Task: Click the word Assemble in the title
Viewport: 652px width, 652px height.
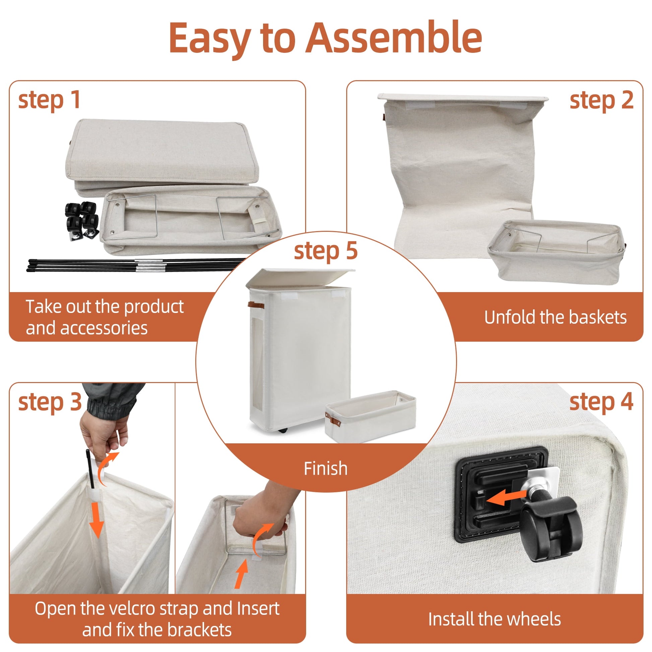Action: click(x=393, y=38)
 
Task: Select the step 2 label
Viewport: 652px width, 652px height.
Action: click(x=601, y=101)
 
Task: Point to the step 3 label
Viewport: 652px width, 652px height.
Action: click(x=50, y=402)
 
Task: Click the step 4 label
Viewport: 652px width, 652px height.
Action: click(x=601, y=402)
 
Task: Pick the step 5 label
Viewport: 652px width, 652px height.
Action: click(x=326, y=251)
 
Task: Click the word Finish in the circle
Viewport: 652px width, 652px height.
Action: click(x=326, y=469)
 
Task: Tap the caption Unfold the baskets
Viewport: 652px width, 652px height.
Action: click(x=556, y=318)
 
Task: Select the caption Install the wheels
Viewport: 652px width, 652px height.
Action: click(x=495, y=619)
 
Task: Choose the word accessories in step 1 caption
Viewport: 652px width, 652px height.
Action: click(x=104, y=328)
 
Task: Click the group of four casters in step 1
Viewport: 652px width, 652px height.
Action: click(x=82, y=221)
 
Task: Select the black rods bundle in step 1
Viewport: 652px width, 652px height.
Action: click(x=135, y=265)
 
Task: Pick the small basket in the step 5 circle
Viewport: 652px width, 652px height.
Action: click(x=370, y=416)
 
